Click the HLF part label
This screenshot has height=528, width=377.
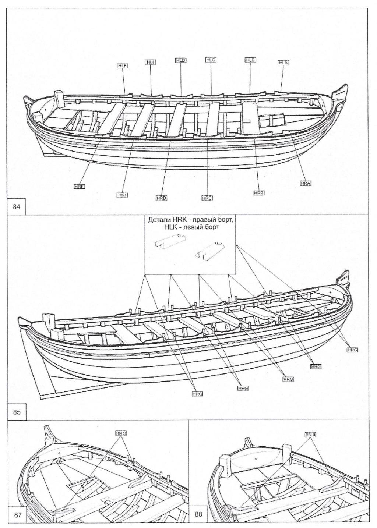[x=122, y=66]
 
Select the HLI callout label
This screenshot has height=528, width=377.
[x=150, y=62]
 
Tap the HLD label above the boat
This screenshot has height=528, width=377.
[x=180, y=60]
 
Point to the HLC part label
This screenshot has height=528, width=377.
[x=211, y=59]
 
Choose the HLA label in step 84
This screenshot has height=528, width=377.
[x=283, y=63]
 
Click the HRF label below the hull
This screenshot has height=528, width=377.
[x=80, y=187]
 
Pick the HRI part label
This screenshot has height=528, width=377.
[x=122, y=195]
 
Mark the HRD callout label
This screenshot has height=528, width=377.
[x=162, y=198]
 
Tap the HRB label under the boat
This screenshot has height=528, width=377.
[x=259, y=193]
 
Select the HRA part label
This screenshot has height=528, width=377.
[x=306, y=183]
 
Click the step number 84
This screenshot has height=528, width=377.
[x=17, y=206]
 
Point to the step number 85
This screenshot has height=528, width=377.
[x=17, y=412]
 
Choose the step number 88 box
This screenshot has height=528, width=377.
[x=198, y=514]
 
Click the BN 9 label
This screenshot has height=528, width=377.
[x=121, y=434]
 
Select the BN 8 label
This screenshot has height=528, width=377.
[x=310, y=435]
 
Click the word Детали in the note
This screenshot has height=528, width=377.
[x=159, y=220]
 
